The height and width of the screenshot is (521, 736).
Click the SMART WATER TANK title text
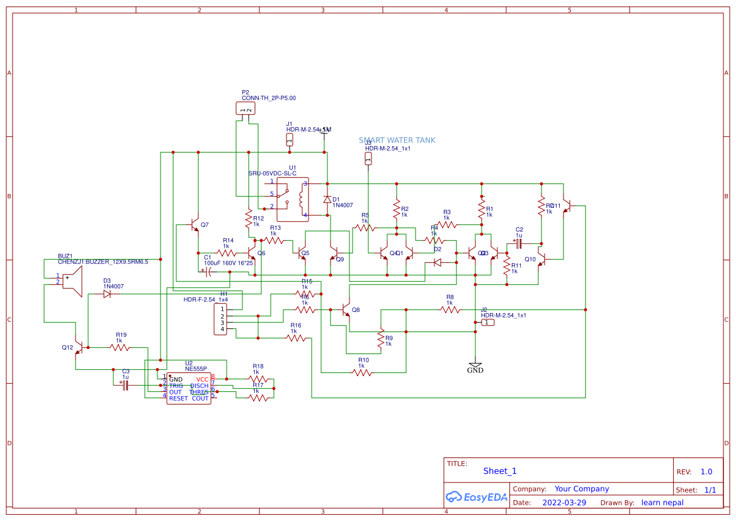(x=397, y=140)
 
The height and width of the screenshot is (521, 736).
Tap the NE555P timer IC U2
(x=188, y=389)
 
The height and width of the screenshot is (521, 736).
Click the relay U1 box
(x=293, y=199)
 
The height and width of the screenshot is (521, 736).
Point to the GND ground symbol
(x=475, y=365)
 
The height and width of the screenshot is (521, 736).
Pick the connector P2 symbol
(x=246, y=109)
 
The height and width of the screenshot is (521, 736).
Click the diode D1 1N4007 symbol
(x=327, y=199)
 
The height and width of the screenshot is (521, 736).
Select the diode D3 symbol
(x=107, y=294)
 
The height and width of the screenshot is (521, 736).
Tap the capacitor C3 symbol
(x=125, y=384)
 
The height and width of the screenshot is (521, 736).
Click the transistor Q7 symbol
(x=195, y=224)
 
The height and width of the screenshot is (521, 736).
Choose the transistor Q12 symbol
(x=79, y=347)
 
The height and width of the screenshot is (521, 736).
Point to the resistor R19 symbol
(x=120, y=347)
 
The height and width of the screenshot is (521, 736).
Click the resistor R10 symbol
(x=362, y=372)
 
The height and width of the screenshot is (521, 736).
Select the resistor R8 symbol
(x=450, y=309)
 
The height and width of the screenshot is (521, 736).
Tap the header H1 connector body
(x=220, y=319)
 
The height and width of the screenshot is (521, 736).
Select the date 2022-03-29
(x=563, y=503)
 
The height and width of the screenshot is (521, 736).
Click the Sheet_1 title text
(x=500, y=471)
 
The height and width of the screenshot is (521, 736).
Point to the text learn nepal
(x=662, y=503)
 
